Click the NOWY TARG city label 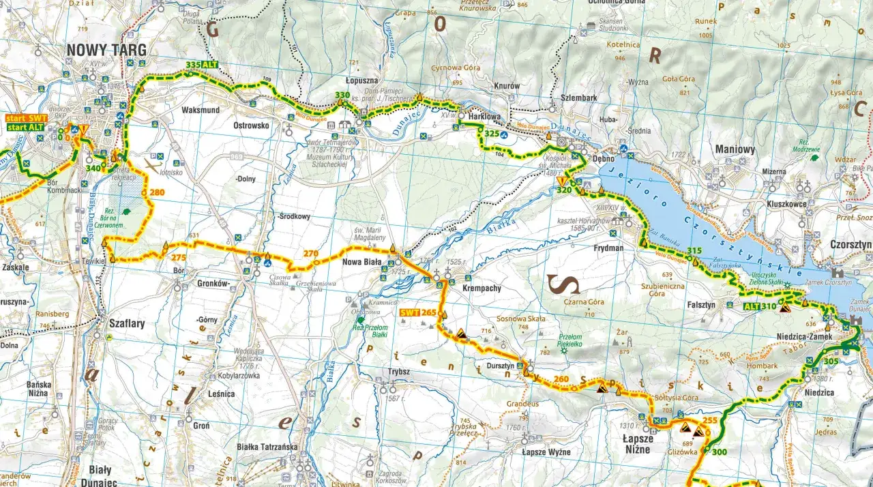106,50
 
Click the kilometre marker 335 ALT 201,65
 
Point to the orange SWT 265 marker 418,312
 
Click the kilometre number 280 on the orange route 157,192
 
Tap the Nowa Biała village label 361,262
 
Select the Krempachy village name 482,288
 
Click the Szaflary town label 127,324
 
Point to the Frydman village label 608,248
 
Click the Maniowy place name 735,149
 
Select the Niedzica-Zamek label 801,336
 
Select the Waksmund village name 201,110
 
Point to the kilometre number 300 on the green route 719,452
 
